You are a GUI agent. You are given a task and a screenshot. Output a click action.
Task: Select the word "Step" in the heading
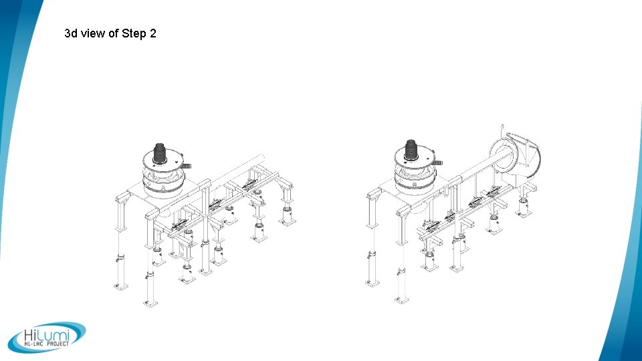coord(134,33)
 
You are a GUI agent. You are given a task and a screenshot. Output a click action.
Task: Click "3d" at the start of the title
coord(71,33)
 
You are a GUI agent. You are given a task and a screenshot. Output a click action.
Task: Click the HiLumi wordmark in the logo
coord(45,334)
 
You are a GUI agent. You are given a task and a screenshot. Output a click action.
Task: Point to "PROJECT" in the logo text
coord(57,344)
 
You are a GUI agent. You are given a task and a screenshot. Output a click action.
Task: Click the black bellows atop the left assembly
coord(161,154)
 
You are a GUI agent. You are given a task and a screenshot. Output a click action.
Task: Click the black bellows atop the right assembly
coord(413,154)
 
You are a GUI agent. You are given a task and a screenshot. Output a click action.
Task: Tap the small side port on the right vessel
coord(439,162)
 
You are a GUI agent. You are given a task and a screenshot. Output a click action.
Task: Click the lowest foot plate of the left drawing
coord(150,304)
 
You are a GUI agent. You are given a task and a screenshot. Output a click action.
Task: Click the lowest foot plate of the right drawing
coord(402,299)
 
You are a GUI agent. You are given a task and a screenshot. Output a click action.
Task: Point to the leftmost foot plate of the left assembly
coord(119,286)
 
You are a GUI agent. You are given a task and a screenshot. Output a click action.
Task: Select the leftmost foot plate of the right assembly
coord(372,283)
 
